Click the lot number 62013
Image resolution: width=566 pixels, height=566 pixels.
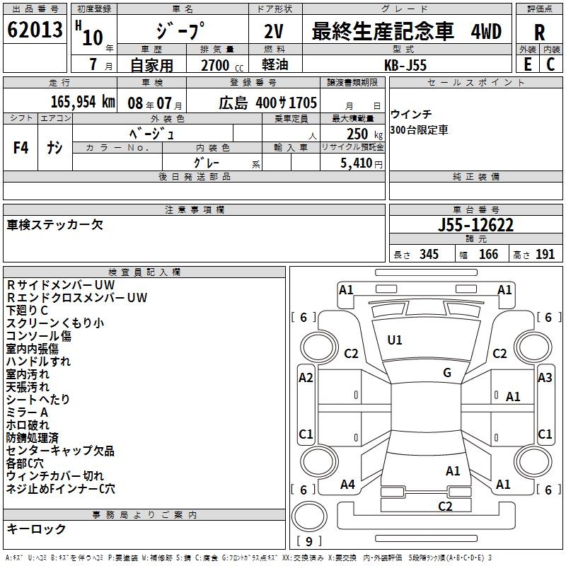(35, 31)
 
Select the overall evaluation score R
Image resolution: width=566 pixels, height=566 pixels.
(539, 33)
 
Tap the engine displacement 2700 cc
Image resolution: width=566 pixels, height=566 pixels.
(216, 65)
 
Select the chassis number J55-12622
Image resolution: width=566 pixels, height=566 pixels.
(475, 225)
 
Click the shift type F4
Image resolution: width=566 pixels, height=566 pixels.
(21, 148)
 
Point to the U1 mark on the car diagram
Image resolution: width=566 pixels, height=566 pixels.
(395, 340)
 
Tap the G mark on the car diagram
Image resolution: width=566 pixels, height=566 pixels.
(447, 373)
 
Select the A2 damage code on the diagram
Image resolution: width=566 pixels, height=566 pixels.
(306, 378)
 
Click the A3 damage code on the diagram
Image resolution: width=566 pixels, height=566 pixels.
(545, 378)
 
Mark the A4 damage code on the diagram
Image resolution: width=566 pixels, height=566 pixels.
(347, 485)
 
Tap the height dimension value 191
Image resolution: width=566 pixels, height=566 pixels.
(545, 254)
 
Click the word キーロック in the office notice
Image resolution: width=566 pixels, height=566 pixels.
(36, 529)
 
